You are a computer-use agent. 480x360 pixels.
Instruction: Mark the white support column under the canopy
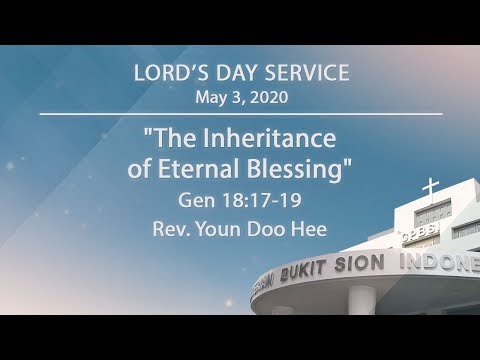click(362, 302)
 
